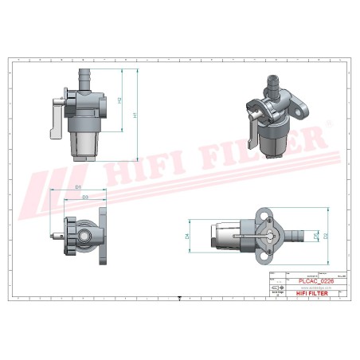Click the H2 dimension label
pos(119,100)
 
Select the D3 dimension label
pos(85,196)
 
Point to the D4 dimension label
pos(186,237)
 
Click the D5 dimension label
pos(315,237)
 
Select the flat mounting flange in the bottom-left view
pos(104,237)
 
